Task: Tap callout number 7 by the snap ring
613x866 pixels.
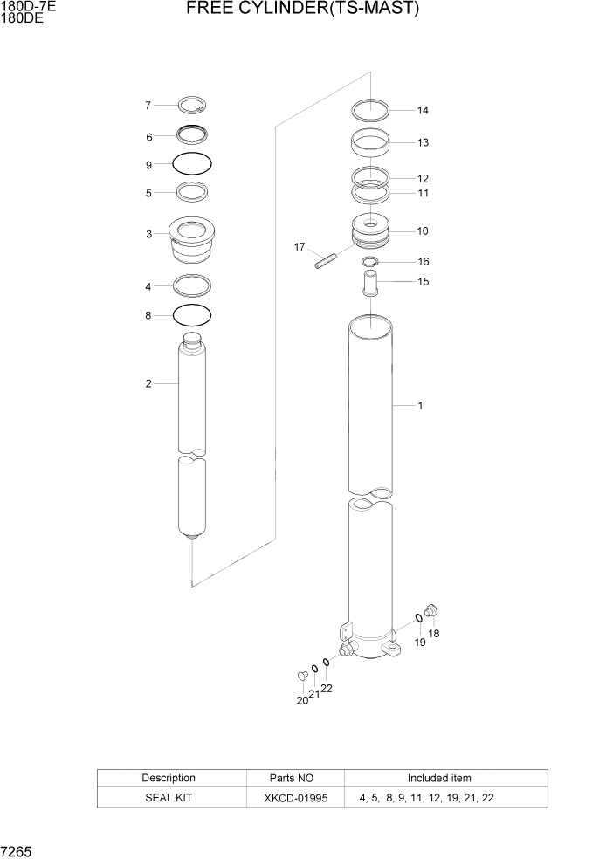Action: (148, 106)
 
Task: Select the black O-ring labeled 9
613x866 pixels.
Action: (192, 163)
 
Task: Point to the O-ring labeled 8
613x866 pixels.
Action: (192, 314)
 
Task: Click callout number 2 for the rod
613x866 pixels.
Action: (148, 383)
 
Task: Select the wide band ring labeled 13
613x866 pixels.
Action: (370, 141)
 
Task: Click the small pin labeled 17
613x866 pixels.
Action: (326, 261)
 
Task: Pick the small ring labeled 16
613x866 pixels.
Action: (370, 262)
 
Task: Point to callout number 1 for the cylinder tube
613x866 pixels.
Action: (420, 405)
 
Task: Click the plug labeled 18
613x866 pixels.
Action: (431, 611)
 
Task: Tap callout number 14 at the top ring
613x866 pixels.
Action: (423, 111)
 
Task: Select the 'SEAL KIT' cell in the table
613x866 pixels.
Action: (169, 798)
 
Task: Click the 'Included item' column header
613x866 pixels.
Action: (438, 778)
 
